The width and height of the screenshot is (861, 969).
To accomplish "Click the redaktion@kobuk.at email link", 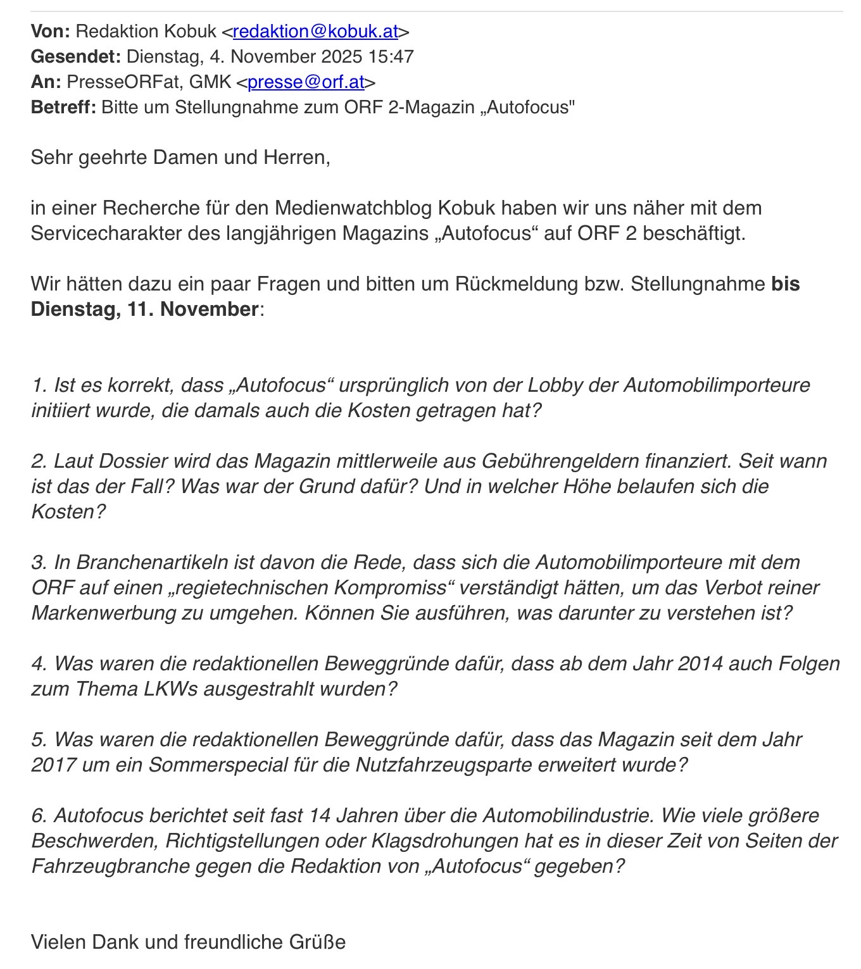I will coord(315,31).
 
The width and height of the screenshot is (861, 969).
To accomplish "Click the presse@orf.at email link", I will coord(306,82).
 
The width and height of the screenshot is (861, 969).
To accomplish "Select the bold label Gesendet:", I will coord(75,56).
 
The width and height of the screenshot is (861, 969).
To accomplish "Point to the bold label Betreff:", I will coord(63,107).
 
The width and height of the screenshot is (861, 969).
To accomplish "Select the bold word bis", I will coord(786,284).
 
